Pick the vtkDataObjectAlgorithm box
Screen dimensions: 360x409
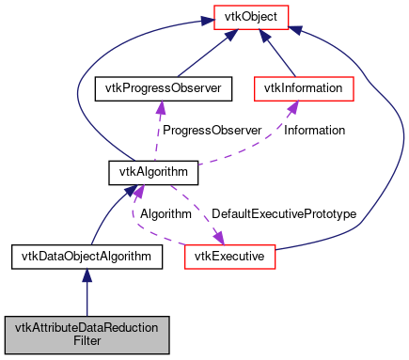(87, 256)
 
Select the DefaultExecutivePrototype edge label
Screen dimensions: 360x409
(284, 215)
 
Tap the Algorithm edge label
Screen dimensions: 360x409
(165, 215)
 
